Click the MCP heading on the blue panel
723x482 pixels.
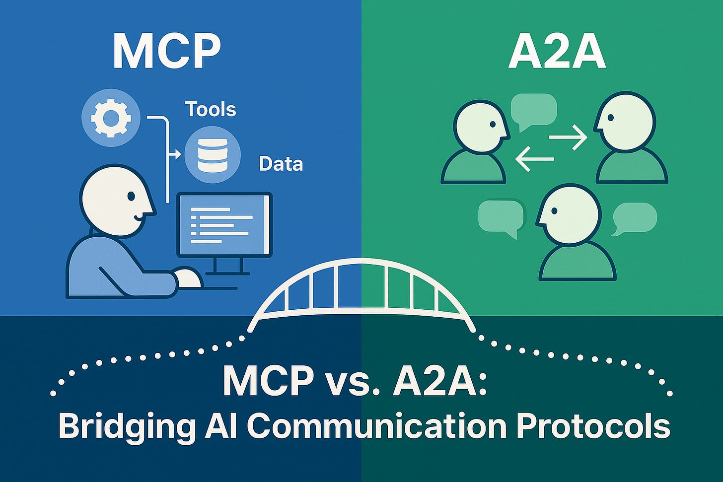[166, 51]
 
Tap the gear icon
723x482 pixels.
[111, 118]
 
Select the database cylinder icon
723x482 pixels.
[213, 154]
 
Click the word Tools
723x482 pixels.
[211, 109]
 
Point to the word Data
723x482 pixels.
[281, 164]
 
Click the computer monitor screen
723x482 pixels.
[225, 225]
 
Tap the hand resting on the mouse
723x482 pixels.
[188, 278]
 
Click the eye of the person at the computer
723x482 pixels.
[131, 197]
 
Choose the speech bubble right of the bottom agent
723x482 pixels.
[634, 218]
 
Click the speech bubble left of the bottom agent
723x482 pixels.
[501, 217]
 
